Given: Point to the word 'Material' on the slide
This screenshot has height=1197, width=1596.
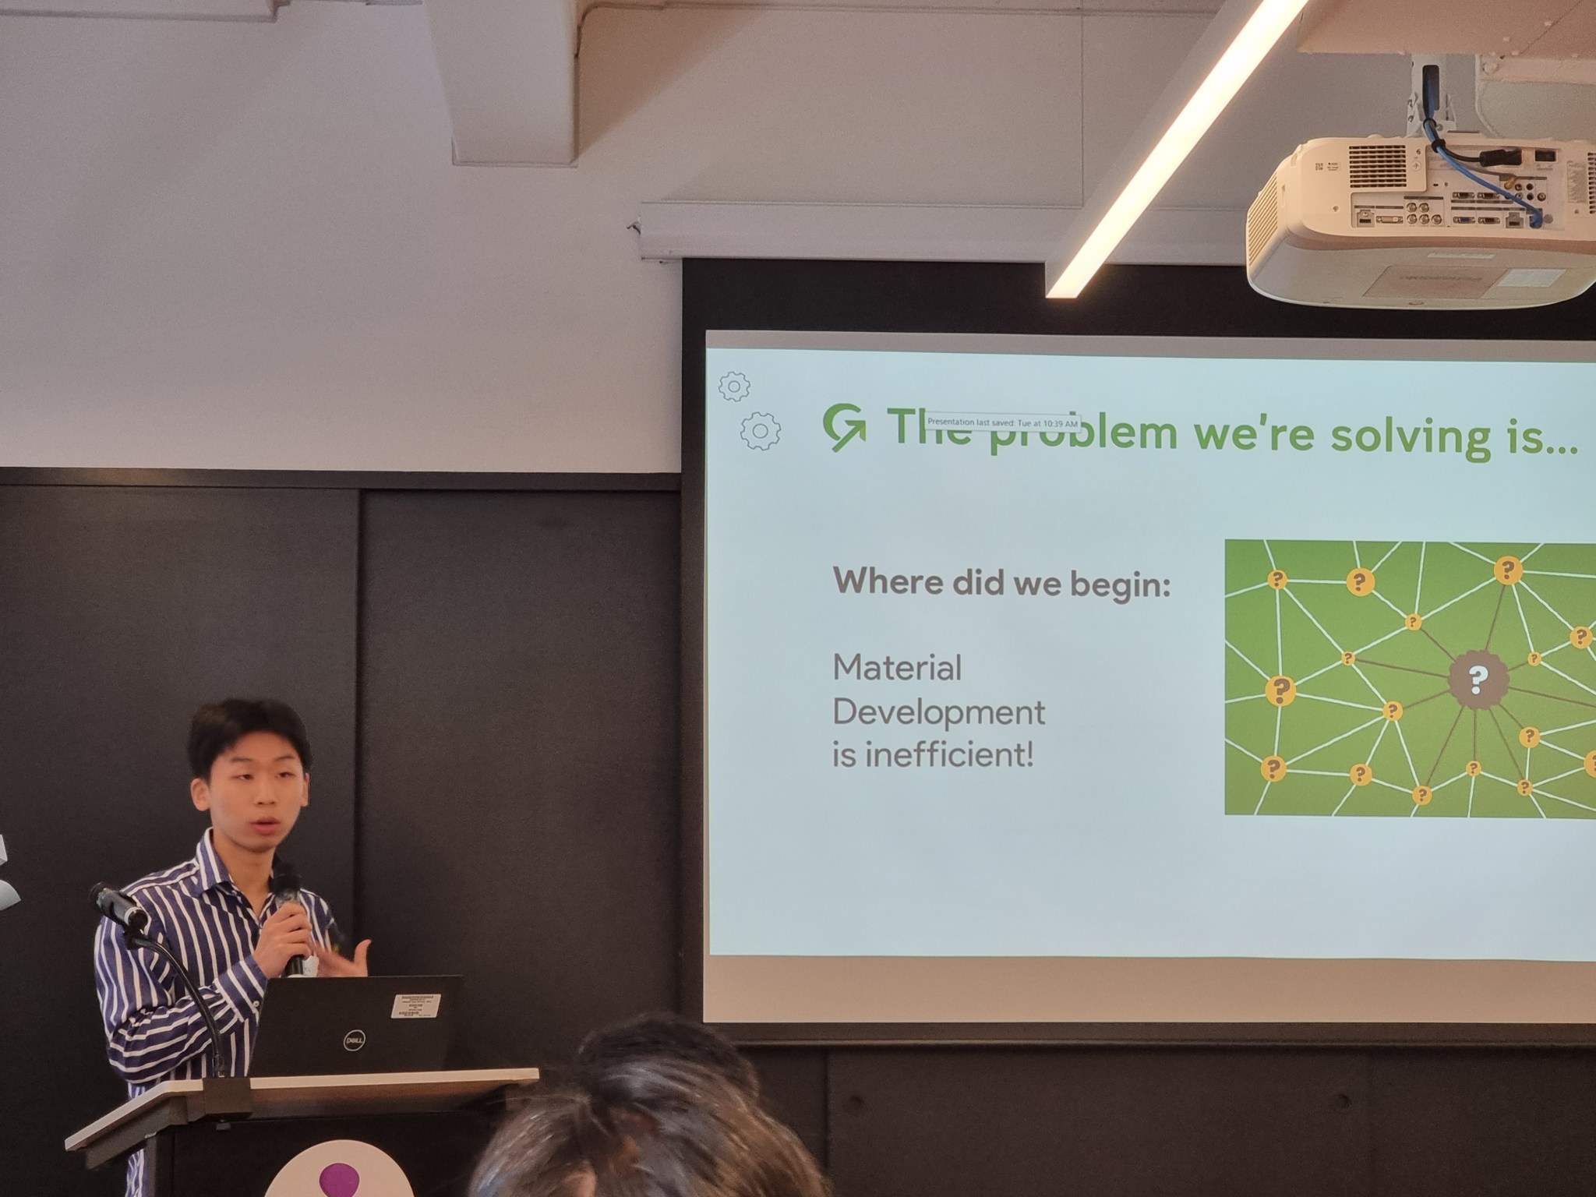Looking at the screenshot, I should coord(898,669).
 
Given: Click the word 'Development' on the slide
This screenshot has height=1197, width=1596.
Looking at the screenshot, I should coord(939,713).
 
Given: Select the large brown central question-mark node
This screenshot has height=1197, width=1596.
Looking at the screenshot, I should coord(1478,680).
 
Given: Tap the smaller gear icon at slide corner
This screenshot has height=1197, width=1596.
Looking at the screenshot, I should coord(734,386).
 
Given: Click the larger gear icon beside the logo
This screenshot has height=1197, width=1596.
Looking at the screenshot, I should coord(761,430).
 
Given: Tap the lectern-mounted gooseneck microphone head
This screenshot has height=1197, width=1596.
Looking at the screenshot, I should coord(117,904).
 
